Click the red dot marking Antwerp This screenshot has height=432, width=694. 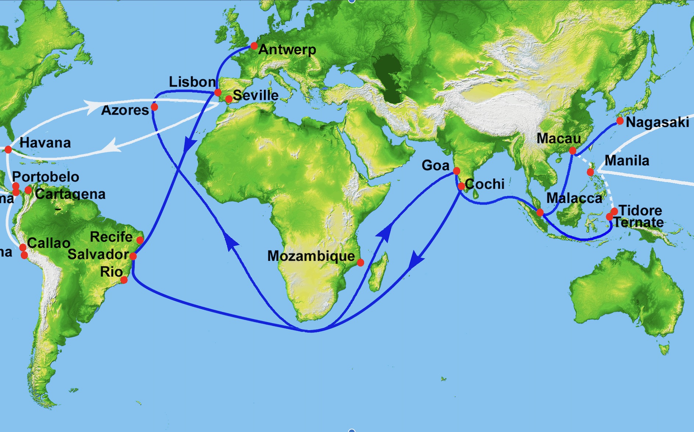click(x=254, y=46)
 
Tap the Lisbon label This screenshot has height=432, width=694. click(x=192, y=82)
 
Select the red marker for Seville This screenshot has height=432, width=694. click(x=229, y=99)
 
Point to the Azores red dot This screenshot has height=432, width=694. click(x=154, y=107)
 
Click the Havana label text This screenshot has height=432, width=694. click(x=45, y=143)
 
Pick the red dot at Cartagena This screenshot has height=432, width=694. click(x=28, y=190)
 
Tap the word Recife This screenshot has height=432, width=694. click(x=111, y=237)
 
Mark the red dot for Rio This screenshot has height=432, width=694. click(x=124, y=280)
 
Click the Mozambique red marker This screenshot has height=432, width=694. click(x=361, y=262)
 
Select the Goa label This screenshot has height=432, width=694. click(x=435, y=165)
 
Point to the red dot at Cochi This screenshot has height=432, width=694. click(x=461, y=186)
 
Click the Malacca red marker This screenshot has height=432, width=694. click(x=540, y=212)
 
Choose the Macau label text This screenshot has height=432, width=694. click(x=558, y=138)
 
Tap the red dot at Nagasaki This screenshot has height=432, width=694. click(x=620, y=121)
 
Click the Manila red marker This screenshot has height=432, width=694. click(x=590, y=172)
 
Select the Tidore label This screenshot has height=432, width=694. click(x=640, y=210)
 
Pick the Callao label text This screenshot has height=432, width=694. click(x=49, y=243)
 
